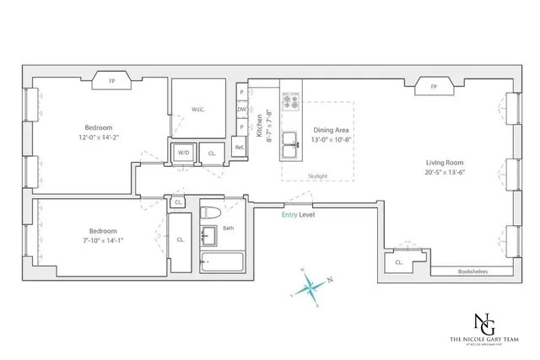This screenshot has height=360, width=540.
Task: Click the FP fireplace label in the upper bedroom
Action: pyautogui.click(x=111, y=82)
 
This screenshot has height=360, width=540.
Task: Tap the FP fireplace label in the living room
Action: pyautogui.click(x=434, y=87)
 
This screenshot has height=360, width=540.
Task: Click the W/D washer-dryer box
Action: pyautogui.click(x=183, y=153)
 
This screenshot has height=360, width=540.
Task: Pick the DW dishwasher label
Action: pyautogui.click(x=242, y=110)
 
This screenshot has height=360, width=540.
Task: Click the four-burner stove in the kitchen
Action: pyautogui.click(x=292, y=101)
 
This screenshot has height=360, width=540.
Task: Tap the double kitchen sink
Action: pyautogui.click(x=292, y=140)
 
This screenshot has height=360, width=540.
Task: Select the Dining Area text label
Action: pyautogui.click(x=331, y=130)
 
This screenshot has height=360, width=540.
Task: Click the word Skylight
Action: pyautogui.click(x=316, y=176)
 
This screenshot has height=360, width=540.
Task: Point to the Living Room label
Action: pyautogui.click(x=445, y=163)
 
